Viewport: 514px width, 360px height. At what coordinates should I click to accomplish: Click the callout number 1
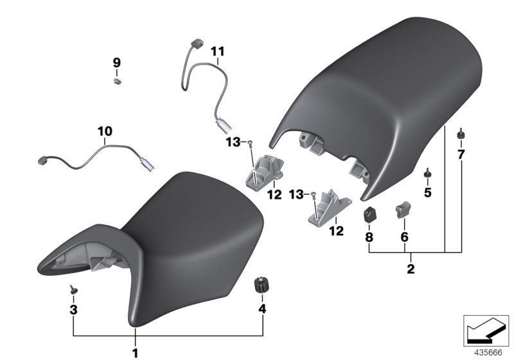(135, 353)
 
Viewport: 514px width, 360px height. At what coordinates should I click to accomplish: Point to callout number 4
(262, 309)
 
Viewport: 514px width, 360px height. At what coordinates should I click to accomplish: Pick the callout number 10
(105, 131)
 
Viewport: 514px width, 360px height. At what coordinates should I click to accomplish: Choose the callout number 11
(218, 51)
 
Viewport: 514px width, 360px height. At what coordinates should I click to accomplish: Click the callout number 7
(461, 154)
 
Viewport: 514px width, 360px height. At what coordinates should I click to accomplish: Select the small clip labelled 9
(117, 82)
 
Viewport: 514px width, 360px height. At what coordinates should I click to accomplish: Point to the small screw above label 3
(72, 291)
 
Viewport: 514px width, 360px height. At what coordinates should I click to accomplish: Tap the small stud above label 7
(460, 134)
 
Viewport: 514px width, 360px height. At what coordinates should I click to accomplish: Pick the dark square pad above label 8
(369, 214)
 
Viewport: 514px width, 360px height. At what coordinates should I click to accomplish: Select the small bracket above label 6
(403, 208)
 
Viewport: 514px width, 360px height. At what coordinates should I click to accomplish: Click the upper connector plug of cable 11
(197, 46)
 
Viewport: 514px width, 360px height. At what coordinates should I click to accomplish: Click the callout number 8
(369, 237)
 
